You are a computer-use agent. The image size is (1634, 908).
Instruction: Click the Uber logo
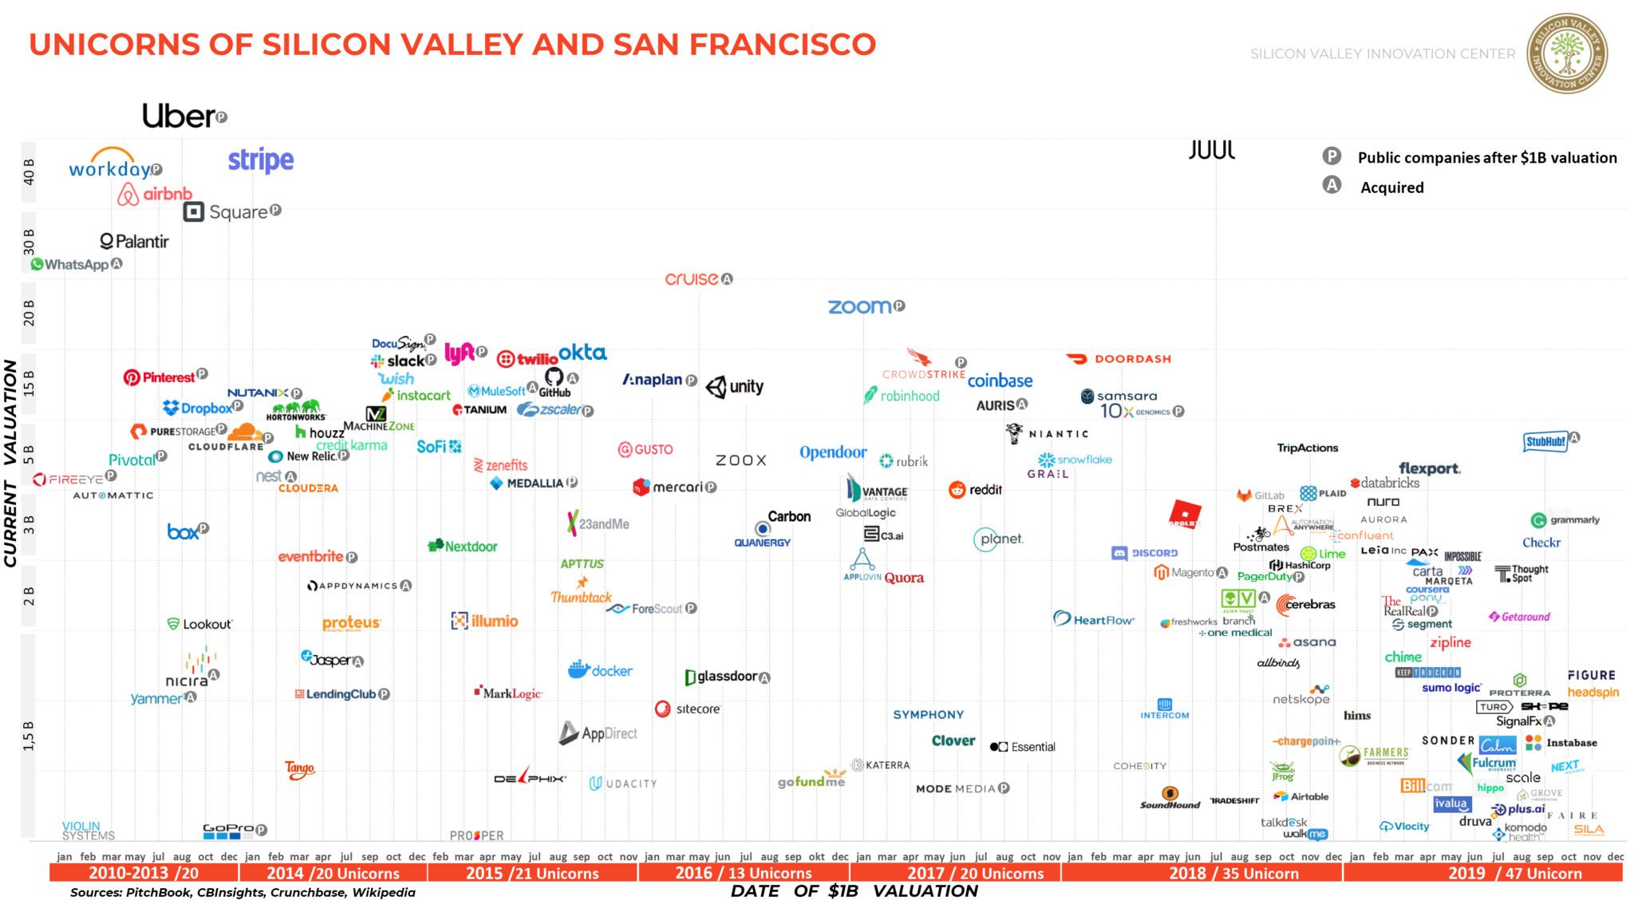click(x=180, y=116)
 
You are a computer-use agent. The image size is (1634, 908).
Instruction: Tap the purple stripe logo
click(x=261, y=160)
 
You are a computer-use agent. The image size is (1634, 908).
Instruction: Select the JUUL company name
click(x=1211, y=150)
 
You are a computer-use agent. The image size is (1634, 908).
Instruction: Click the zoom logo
click(x=860, y=306)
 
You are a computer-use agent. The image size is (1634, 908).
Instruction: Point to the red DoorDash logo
click(x=1119, y=359)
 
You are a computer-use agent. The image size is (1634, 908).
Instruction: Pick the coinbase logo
click(x=1000, y=381)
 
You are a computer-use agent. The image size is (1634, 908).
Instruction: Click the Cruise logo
click(x=693, y=279)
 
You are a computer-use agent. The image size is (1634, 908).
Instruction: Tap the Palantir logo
click(x=134, y=241)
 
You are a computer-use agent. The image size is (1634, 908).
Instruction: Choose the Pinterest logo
click(x=160, y=377)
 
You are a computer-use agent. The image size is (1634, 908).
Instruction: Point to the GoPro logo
click(x=228, y=830)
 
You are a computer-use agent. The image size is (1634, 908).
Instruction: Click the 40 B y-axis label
click(x=30, y=172)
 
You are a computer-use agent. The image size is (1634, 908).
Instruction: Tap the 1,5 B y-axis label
click(x=30, y=736)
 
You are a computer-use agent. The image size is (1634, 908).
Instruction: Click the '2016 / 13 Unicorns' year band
click(x=743, y=873)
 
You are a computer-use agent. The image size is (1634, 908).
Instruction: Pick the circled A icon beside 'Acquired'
click(x=1332, y=186)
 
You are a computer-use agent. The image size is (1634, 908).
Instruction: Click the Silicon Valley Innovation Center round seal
click(x=1566, y=53)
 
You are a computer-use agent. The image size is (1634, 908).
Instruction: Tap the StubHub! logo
click(x=1545, y=441)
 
